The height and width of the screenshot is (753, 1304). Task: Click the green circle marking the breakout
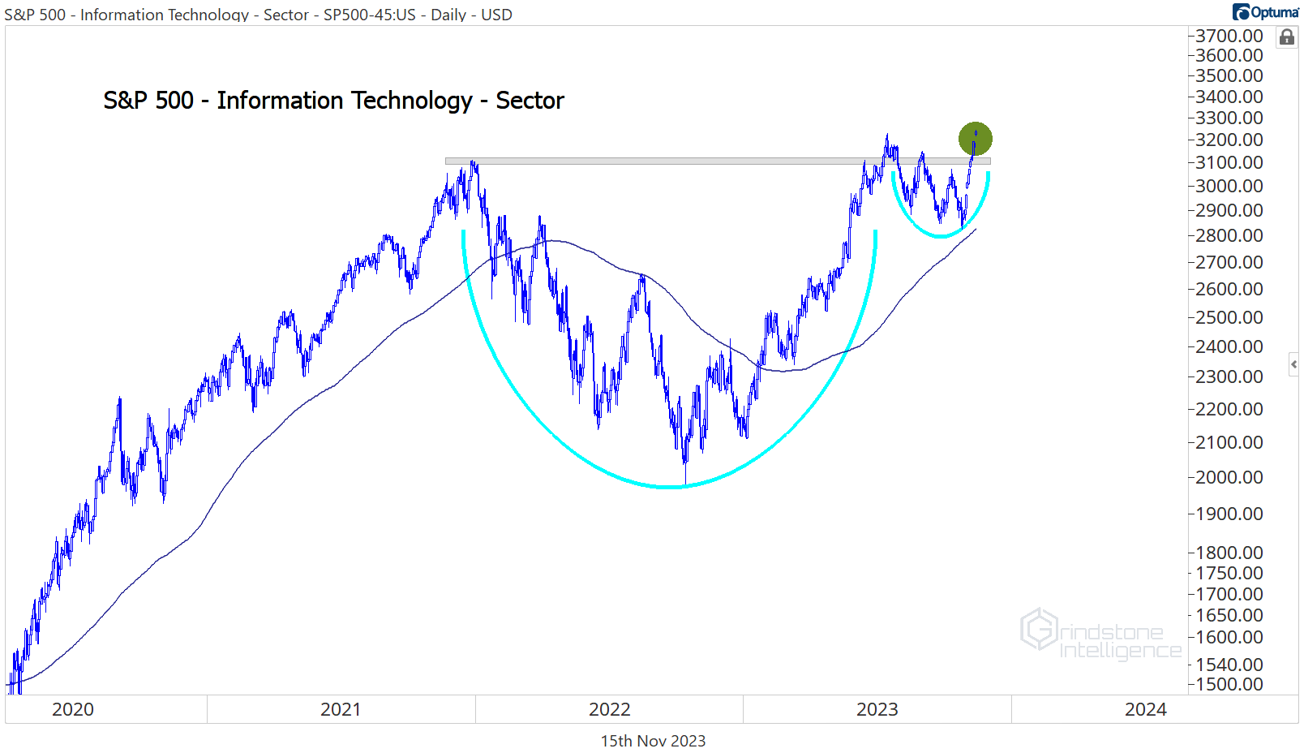point(975,139)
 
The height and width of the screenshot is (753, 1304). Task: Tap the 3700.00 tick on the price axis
point(1229,36)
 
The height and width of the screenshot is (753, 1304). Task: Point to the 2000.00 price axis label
point(1229,477)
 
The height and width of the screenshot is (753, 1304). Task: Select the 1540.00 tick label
point(1229,665)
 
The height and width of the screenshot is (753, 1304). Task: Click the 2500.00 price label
point(1229,317)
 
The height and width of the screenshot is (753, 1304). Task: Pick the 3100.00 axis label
point(1229,162)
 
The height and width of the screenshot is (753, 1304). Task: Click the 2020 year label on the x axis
point(73,709)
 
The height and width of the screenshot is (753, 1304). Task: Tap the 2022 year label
point(609,709)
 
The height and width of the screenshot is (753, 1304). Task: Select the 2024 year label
point(1145,709)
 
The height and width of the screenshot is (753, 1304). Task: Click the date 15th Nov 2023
point(653,741)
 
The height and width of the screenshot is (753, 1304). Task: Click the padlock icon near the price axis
point(1286,37)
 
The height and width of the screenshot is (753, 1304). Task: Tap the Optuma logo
point(1265,11)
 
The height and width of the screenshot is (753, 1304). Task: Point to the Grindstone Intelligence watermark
point(1100,634)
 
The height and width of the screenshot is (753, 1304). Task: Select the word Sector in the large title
point(530,101)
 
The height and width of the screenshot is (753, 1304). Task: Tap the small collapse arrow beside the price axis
point(1293,364)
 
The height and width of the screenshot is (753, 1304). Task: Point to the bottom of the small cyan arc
point(941,236)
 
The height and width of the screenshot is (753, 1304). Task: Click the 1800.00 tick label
point(1229,553)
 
